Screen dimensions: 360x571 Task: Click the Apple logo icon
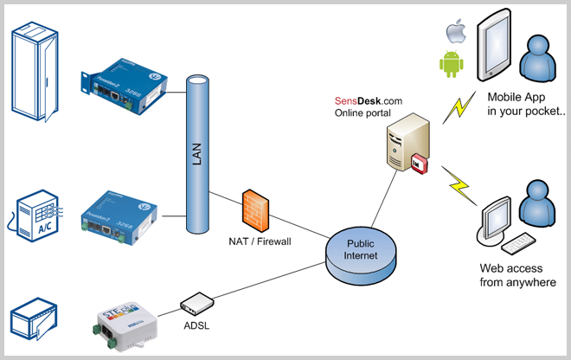click(x=452, y=33)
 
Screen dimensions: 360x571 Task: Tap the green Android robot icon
click(x=452, y=63)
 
